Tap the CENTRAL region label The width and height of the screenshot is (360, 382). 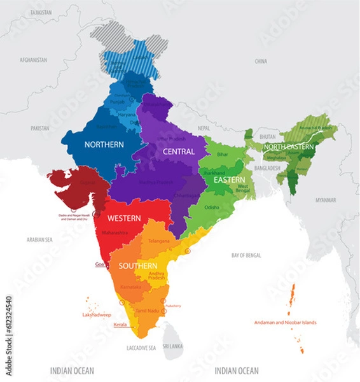tap(178, 152)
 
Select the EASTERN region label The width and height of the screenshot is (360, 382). tap(230, 180)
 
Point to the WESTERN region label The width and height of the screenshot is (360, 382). tap(124, 218)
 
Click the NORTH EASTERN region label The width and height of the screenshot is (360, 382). tap(289, 147)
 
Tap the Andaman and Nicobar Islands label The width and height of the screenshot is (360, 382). tap(284, 322)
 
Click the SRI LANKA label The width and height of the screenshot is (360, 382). tap(172, 347)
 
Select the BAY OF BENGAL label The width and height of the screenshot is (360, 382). tap(246, 255)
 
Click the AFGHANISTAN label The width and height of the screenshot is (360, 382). tap(34, 59)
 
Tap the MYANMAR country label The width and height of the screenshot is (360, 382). tap(325, 199)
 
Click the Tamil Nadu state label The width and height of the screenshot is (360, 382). tap(146, 309)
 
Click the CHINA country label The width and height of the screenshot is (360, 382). tap(261, 61)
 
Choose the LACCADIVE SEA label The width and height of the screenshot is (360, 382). tap(141, 348)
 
